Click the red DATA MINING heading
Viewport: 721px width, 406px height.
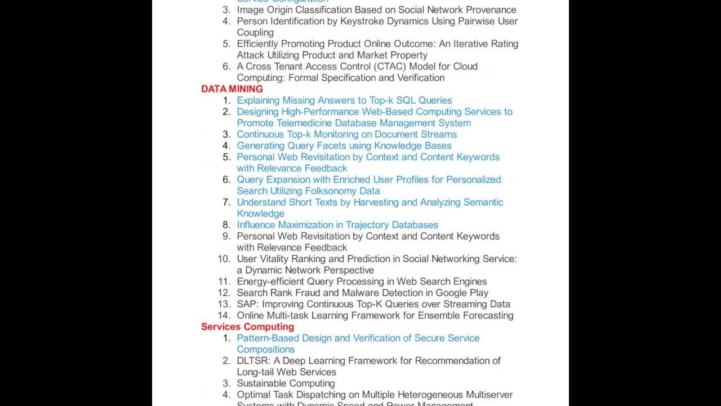[x=232, y=89]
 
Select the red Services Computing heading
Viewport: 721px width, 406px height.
[x=247, y=327]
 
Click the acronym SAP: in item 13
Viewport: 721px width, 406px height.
[x=248, y=304]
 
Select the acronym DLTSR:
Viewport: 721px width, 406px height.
[x=254, y=361]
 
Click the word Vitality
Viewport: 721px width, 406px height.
[x=280, y=259]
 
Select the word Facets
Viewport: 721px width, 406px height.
[x=332, y=145]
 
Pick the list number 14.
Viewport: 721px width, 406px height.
[x=224, y=315]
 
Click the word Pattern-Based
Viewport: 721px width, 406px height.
[x=268, y=338]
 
